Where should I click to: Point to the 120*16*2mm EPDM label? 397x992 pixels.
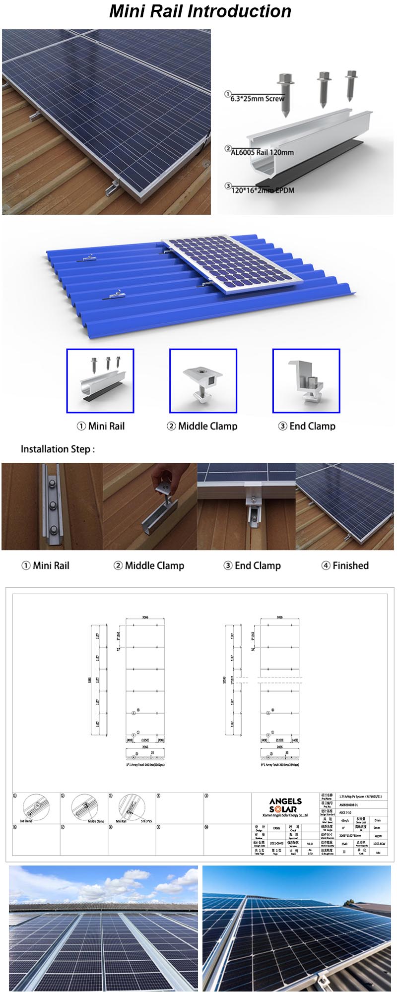263,190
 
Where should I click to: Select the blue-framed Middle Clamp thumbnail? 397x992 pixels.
203,380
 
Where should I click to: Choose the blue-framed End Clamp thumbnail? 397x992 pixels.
306,380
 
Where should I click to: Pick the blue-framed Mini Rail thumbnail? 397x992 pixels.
100,380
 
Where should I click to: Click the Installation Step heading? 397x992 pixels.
58,449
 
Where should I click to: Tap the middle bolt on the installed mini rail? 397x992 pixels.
52,507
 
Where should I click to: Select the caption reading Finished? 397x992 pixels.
350,565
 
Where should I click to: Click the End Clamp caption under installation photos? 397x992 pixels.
258,565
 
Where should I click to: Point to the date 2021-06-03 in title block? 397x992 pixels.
276,843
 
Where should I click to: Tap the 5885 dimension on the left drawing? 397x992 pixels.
89,681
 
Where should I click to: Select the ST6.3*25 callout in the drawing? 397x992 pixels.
146,821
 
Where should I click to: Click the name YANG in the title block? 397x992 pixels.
276,828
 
